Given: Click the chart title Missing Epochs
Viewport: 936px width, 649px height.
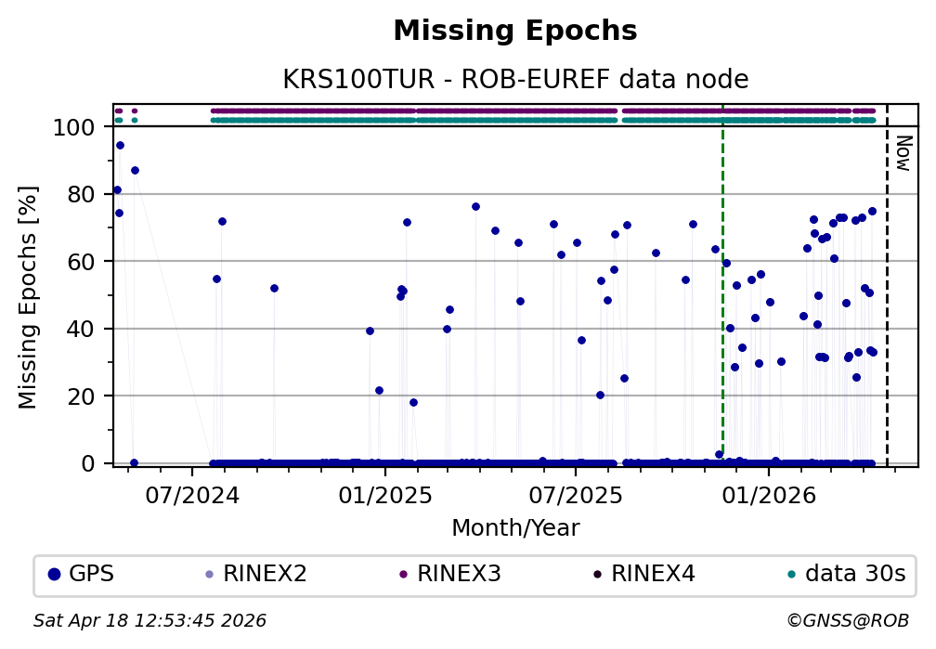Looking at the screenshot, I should (515, 32).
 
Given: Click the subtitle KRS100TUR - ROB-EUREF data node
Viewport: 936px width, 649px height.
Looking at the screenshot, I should (515, 80).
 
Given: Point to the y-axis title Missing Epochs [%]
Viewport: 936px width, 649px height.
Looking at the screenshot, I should (28, 294).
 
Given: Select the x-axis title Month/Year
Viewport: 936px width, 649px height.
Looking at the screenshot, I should (515, 528).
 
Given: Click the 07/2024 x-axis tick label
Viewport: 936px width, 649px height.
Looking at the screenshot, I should (192, 493).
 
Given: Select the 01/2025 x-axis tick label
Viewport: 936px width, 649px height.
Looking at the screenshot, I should (383, 493).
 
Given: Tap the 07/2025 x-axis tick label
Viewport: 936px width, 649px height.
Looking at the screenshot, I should (575, 493).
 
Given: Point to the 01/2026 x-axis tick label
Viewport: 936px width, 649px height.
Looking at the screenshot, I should (768, 493).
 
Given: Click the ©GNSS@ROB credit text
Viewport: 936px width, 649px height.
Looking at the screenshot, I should (847, 620).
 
